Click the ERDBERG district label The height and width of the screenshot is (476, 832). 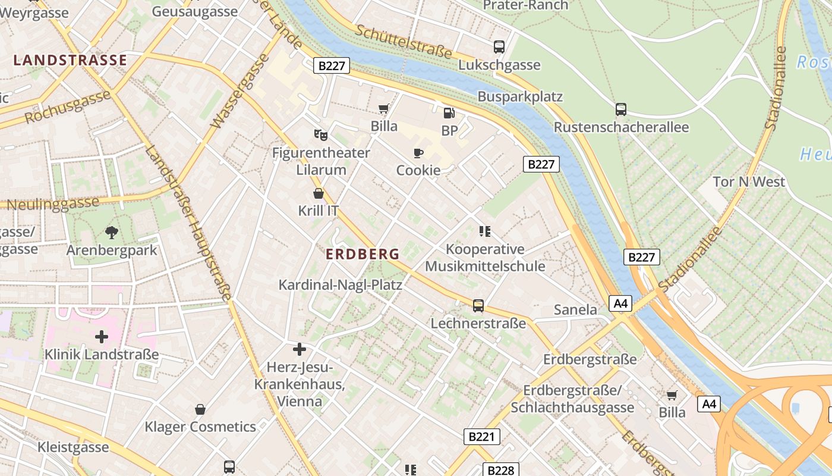coord(363,254)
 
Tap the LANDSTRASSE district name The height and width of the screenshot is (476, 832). coord(70,60)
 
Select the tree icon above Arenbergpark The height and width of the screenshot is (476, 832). coord(111,232)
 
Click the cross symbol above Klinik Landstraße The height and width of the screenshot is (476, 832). coord(102,337)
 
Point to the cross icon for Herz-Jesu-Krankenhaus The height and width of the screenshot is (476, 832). coord(300,349)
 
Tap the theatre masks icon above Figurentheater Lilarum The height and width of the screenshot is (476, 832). coord(321,135)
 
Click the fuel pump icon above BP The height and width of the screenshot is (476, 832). coord(449,112)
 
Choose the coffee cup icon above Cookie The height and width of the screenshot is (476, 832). coord(418,153)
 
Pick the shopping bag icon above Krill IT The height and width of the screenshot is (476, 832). coord(319,193)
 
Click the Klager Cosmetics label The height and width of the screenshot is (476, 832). coord(200,427)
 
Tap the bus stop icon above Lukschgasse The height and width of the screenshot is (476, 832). coord(499,46)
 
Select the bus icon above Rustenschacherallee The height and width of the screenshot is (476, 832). coord(621,109)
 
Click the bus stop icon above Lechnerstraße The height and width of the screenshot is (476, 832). coord(478,306)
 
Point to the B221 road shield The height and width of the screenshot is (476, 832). coord(481,437)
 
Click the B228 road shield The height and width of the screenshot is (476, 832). coord(500,470)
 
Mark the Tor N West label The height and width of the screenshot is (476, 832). coord(749,181)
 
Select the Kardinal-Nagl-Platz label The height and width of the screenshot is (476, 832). coord(341,285)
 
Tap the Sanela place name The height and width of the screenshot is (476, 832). coord(575,309)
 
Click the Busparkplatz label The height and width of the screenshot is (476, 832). coord(520,96)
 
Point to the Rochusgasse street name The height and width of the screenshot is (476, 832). coord(68,107)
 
